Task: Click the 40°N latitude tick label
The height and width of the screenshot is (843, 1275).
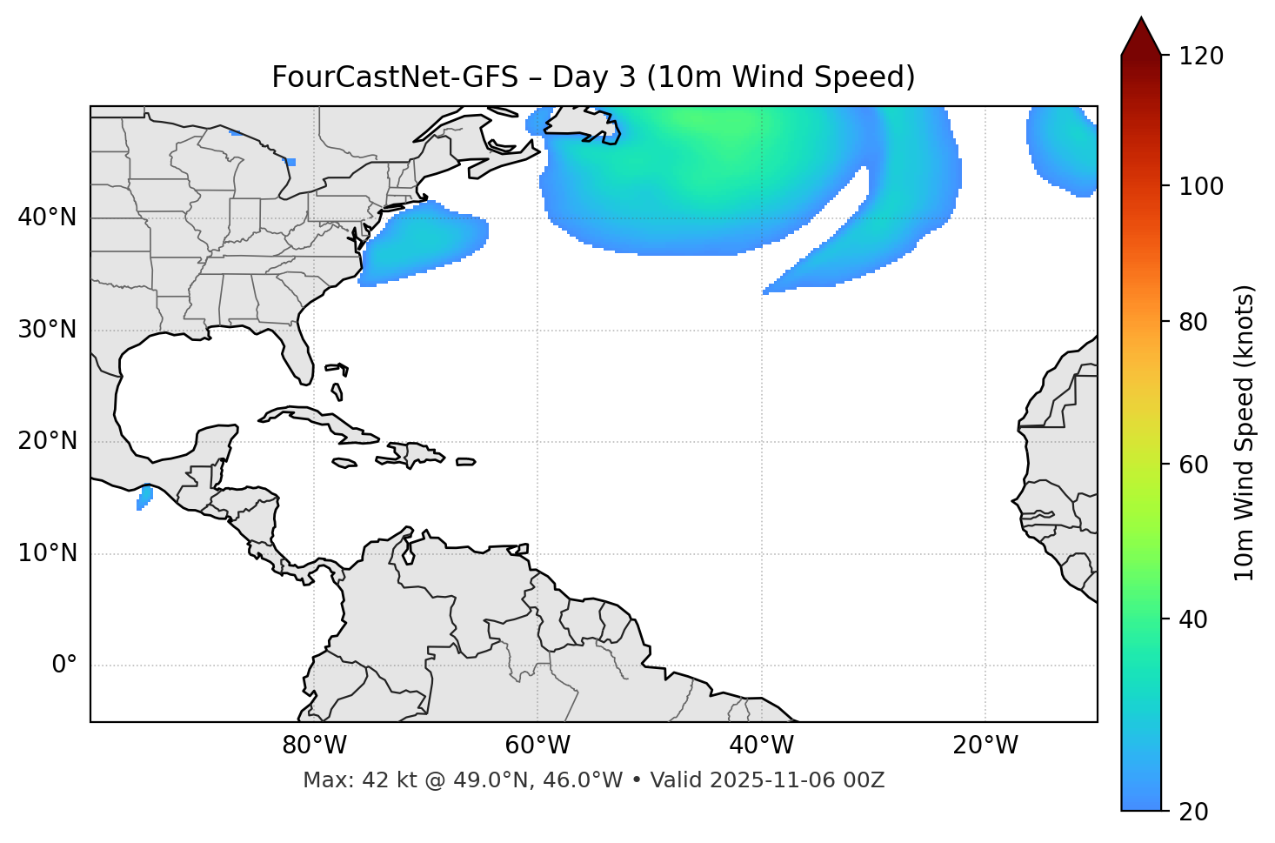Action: [x=47, y=217]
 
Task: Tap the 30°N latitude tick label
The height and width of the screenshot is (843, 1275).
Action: [x=47, y=330]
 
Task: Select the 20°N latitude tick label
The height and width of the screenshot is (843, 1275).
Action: [x=47, y=441]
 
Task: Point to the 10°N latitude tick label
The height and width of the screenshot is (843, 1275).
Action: [x=47, y=553]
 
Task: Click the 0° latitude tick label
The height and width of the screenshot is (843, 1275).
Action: [x=64, y=666]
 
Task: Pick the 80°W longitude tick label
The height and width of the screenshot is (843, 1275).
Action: [x=314, y=746]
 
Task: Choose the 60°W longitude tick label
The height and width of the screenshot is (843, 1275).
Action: [x=537, y=746]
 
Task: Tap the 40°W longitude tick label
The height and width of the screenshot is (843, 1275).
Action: [x=761, y=746]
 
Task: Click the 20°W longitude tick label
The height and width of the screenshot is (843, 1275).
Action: [x=985, y=746]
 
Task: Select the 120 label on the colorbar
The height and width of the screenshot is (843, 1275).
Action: [x=1200, y=57]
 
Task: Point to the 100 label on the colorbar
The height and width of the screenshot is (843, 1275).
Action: [x=1200, y=187]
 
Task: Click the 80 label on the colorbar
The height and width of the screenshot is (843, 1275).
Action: [x=1194, y=322]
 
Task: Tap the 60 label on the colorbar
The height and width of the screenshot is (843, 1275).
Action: [x=1194, y=465]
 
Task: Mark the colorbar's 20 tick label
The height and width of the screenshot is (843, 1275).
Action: [x=1194, y=812]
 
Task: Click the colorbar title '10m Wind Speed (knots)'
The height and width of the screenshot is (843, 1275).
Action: [x=1245, y=432]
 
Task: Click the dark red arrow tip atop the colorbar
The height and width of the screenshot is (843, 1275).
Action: [x=1141, y=35]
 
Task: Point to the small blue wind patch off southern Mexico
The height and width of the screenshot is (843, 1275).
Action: [x=144, y=498]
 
